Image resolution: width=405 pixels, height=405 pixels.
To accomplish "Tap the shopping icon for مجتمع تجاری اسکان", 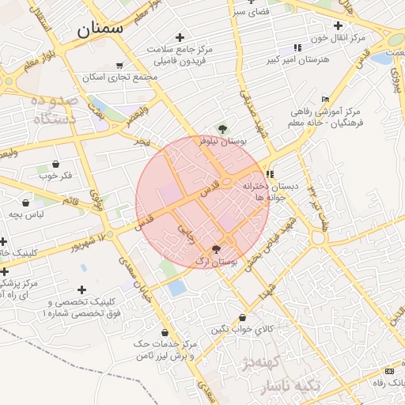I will click(119, 66).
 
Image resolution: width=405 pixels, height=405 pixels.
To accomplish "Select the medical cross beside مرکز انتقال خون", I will click(339, 25).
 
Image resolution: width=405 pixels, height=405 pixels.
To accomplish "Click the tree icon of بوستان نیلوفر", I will click(222, 127).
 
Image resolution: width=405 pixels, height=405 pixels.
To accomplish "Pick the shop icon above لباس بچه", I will click(26, 202).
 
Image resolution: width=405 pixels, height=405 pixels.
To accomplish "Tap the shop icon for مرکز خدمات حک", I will click(164, 332).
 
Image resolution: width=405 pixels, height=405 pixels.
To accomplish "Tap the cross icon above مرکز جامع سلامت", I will click(180, 37).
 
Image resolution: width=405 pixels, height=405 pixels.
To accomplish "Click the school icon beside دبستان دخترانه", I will click(270, 174).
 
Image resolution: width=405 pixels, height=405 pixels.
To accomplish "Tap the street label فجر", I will click(142, 141).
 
